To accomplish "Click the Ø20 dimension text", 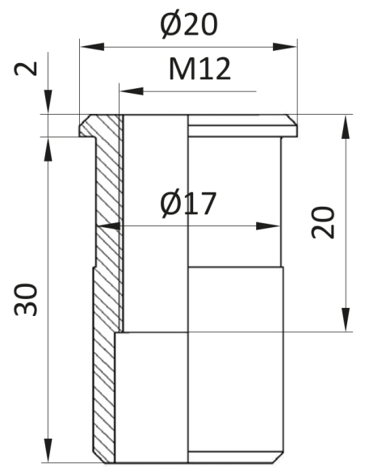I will tap(189, 26).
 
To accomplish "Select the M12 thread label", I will tap(199, 70).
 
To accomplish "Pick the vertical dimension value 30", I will tap(25, 300).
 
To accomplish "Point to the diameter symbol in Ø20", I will tap(170, 26).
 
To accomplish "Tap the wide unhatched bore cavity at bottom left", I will tap(151, 396).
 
